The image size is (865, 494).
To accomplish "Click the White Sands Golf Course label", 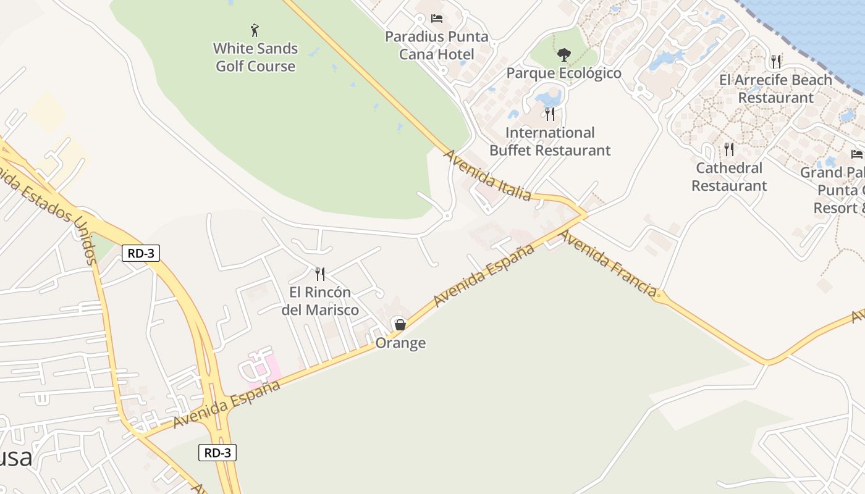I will [x=255, y=57].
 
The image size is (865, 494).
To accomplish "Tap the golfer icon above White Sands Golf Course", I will [x=255, y=30].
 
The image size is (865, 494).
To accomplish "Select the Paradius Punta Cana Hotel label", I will [x=437, y=45].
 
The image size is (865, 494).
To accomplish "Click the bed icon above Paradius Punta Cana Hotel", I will [x=437, y=19].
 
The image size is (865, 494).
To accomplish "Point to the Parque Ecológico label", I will [x=563, y=73].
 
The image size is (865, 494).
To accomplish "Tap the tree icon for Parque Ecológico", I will [x=563, y=55].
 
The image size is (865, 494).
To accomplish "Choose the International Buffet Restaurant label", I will [x=550, y=141].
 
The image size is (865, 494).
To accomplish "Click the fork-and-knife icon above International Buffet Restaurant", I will [x=550, y=114].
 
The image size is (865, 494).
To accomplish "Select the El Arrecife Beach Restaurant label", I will [x=776, y=89].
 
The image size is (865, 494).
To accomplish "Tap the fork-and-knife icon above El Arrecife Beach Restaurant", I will [x=776, y=61].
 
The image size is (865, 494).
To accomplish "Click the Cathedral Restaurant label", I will [x=729, y=177].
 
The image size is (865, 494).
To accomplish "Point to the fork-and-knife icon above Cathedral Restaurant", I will [x=729, y=149].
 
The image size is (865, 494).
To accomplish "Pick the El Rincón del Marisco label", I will [x=320, y=301].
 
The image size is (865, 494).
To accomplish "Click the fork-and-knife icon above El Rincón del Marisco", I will [x=320, y=274].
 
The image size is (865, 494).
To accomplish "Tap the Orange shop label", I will [x=400, y=343].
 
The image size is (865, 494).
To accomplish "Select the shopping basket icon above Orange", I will [x=400, y=324].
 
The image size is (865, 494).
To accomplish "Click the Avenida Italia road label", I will [x=487, y=175].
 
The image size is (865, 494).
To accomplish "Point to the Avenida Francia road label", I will [x=607, y=262].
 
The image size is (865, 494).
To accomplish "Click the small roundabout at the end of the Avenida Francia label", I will [x=660, y=296].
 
